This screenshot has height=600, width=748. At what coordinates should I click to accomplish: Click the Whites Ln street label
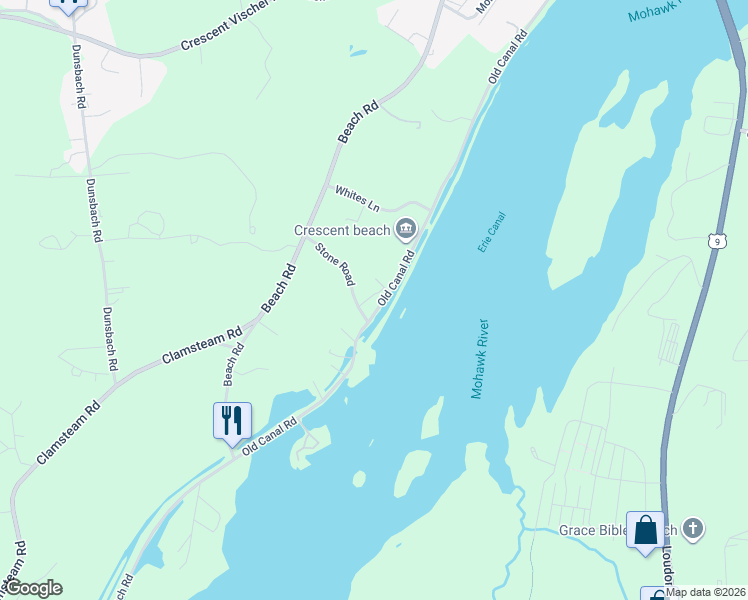[357, 199]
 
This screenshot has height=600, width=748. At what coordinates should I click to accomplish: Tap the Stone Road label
[335, 265]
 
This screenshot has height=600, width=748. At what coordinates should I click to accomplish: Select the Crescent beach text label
[341, 230]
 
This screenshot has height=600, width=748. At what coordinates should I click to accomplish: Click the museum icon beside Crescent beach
[406, 230]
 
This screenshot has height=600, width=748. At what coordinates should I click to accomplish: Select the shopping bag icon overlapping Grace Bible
[645, 529]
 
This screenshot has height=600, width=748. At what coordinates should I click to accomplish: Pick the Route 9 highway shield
[716, 240]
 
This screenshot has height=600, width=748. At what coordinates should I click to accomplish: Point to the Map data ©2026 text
[705, 592]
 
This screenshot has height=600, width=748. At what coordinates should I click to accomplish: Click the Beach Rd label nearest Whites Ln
[357, 121]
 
